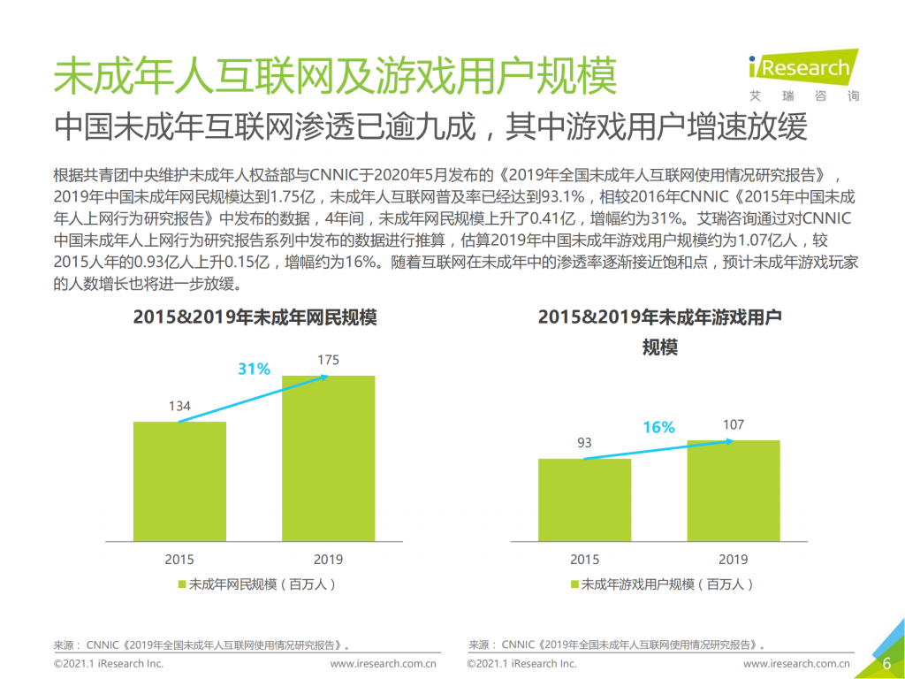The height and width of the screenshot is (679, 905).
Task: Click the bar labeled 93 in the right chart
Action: tap(584, 499)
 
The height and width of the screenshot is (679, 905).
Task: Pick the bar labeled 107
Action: tap(733, 490)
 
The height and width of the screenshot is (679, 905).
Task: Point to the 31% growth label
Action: tap(254, 370)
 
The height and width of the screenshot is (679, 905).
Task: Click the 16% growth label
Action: tap(658, 428)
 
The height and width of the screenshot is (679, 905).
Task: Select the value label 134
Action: tap(179, 407)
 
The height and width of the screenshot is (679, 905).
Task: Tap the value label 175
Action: tap(328, 360)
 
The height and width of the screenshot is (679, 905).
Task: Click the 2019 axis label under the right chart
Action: tap(733, 560)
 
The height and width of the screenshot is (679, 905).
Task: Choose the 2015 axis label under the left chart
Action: tap(179, 560)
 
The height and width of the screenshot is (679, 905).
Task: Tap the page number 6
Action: tap(886, 664)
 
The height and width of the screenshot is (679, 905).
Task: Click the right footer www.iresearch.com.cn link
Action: tap(796, 664)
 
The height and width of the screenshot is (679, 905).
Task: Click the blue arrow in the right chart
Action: tap(658, 449)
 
